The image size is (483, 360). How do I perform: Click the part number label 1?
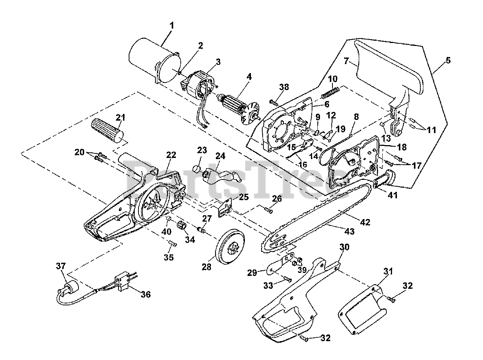click(x=172, y=26)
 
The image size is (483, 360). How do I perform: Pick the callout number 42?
click(x=365, y=222)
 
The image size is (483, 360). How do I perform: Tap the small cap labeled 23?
click(x=197, y=170)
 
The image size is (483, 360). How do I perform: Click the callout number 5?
click(x=448, y=60)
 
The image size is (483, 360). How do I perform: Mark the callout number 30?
click(x=345, y=247)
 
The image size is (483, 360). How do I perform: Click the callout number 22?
click(x=171, y=155)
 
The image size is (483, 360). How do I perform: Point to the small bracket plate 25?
click(x=225, y=207)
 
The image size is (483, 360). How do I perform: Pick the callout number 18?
click(x=402, y=147)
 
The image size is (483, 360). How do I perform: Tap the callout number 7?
click(x=346, y=61)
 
